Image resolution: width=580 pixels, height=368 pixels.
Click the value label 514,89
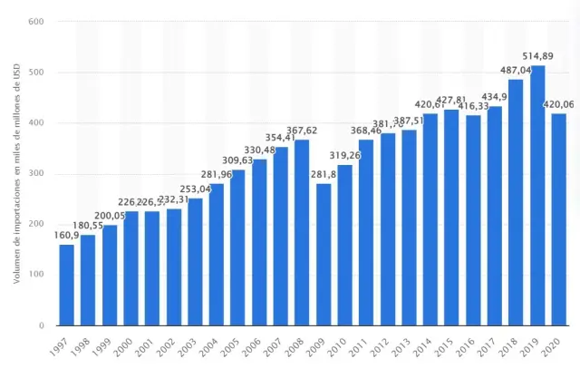(x=537, y=56)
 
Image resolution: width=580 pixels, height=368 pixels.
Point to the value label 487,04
(x=516, y=70)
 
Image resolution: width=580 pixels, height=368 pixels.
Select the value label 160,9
(x=66, y=236)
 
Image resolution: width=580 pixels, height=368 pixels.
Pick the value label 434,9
(x=494, y=97)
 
